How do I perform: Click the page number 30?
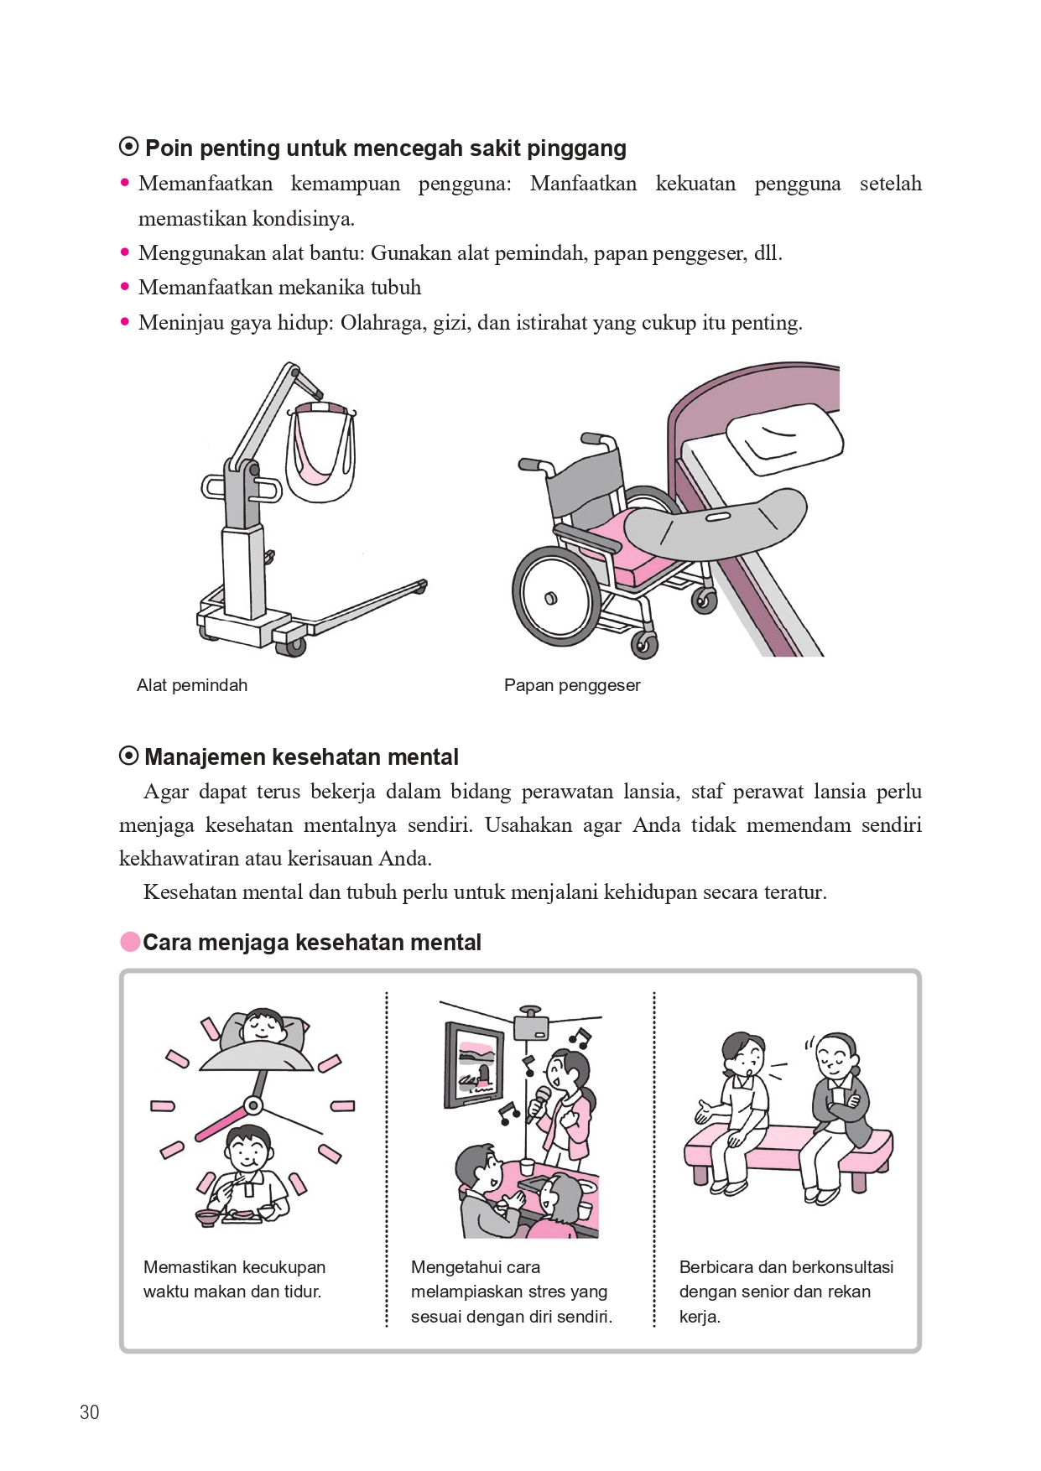[90, 1412]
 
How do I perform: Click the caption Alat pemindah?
[191, 685]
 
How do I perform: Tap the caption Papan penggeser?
[572, 685]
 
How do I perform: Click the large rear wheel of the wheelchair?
[557, 596]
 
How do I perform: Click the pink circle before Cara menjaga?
[130, 942]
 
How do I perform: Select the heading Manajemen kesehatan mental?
[300, 757]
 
